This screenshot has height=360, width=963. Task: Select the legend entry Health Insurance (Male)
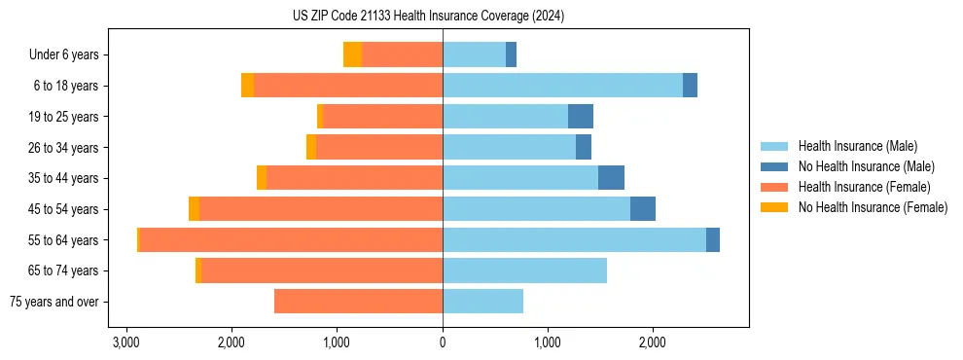tap(856, 146)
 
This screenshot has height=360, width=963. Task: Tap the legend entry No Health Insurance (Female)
tap(873, 207)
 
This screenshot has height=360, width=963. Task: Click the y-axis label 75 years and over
tap(54, 302)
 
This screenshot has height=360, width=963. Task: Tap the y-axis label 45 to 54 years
tap(63, 209)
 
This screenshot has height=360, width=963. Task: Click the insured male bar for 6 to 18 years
tap(562, 86)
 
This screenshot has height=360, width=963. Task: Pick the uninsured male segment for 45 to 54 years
tap(643, 209)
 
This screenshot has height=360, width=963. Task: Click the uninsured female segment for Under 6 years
tap(352, 54)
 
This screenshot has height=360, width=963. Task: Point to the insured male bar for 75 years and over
tap(482, 302)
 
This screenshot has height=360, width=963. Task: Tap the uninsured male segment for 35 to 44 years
tap(611, 178)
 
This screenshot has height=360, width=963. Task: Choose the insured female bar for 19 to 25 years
tap(382, 117)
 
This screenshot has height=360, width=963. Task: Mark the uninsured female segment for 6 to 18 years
tap(247, 86)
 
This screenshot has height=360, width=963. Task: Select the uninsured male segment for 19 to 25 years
tap(581, 117)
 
